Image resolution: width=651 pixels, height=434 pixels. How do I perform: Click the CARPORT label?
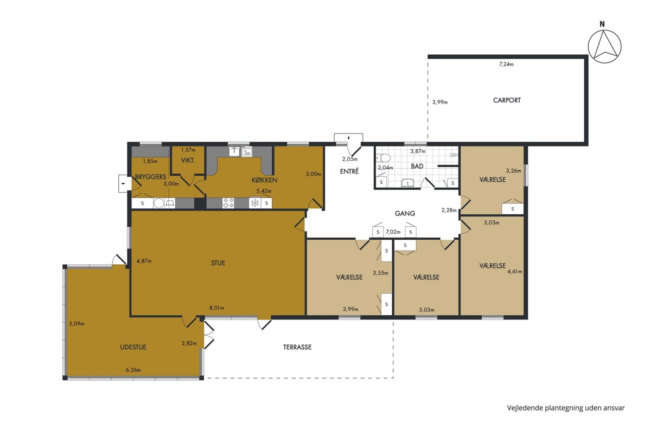click(x=507, y=100)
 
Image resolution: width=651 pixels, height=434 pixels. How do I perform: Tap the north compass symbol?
click(x=604, y=47)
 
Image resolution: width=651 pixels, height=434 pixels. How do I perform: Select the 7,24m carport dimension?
click(x=506, y=64)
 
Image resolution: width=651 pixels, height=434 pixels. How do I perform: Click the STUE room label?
click(x=218, y=263)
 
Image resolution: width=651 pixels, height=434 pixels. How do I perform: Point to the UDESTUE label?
click(x=133, y=347)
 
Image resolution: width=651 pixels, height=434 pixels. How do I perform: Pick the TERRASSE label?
click(x=297, y=347)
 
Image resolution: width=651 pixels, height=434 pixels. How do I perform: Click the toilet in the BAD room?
click(x=384, y=158)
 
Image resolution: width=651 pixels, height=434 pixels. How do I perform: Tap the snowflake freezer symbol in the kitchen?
click(x=255, y=203)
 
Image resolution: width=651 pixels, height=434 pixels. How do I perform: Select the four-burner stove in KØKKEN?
click(x=228, y=203)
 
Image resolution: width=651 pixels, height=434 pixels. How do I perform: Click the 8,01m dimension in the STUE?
click(x=217, y=308)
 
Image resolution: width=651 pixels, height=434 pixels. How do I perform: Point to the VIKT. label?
click(x=188, y=161)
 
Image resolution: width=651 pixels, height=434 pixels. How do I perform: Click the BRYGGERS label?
click(x=151, y=177)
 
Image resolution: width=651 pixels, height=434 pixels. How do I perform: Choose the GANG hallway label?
click(x=405, y=214)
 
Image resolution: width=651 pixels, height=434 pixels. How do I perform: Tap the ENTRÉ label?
click(x=349, y=171)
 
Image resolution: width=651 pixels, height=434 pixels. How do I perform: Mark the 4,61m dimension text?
click(x=515, y=272)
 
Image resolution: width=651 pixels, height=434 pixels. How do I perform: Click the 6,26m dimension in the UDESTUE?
click(x=133, y=370)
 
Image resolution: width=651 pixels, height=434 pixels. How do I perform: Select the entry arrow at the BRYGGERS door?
click(x=124, y=183)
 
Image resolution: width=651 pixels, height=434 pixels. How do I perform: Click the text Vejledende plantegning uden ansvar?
click(x=566, y=408)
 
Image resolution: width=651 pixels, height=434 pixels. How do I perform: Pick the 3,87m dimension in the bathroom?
click(x=418, y=151)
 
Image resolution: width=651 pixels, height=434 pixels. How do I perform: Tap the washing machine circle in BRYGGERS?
click(x=158, y=203)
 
